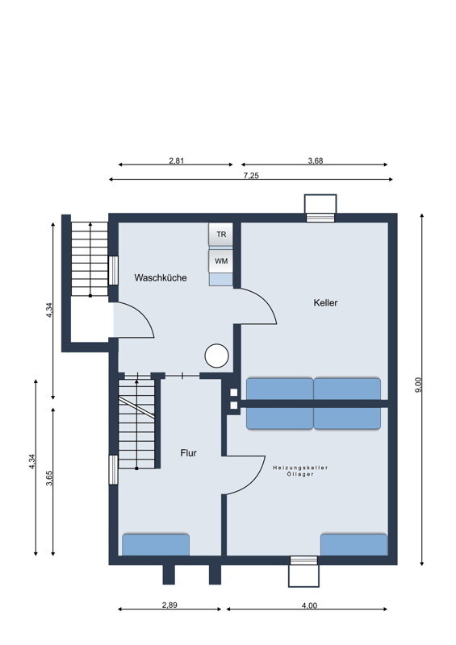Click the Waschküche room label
pos(161,277)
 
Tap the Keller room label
pos(325,303)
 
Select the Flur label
pos(188,453)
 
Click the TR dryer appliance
pos(221,235)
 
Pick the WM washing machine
pos(221,260)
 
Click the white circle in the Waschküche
pos(216,356)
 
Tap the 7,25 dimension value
pos(251,176)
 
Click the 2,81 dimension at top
pos(176,160)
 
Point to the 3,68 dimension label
pos(316,160)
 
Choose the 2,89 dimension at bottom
pos(169,605)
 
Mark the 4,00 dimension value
pos(309,605)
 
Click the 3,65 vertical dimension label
pos(49,478)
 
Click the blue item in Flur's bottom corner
pos(156,545)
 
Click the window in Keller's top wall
pos(320,218)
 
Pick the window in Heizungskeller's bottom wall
pos(303,560)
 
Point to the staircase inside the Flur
pos(136,424)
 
